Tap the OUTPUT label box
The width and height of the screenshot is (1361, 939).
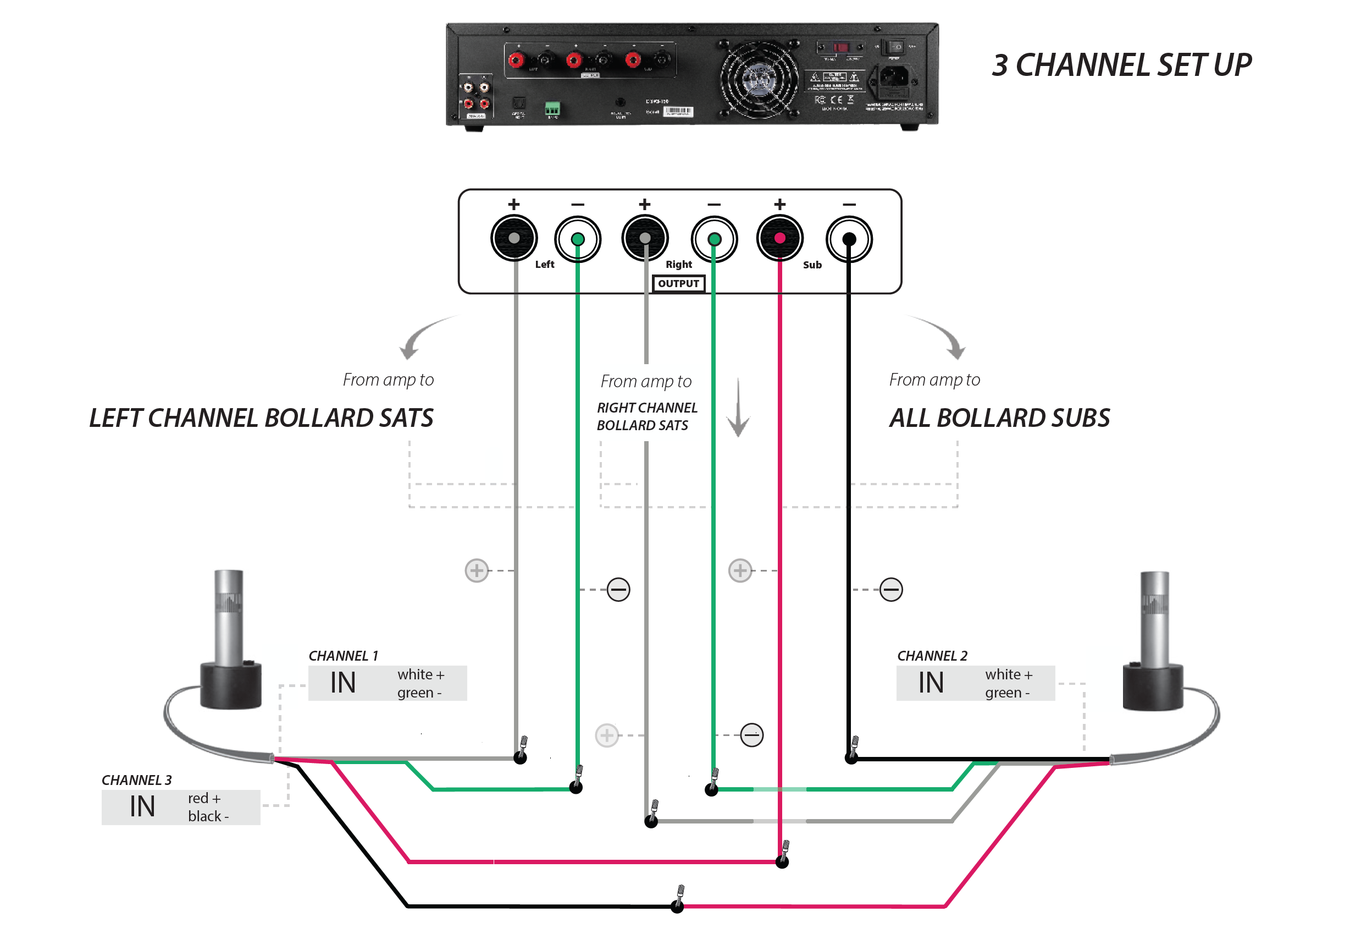coord(678,284)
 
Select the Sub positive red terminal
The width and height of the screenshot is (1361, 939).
coord(779,238)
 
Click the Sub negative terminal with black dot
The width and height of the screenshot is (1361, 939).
coord(848,239)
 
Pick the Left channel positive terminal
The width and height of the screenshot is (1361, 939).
coord(514,238)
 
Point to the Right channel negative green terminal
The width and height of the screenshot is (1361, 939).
coord(713,239)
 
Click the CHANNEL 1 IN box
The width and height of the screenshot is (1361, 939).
coord(387,683)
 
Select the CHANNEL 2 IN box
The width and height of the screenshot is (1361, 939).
coord(975,683)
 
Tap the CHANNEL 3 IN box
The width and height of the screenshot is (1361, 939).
coord(180,807)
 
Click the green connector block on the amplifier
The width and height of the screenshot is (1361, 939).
coord(551,108)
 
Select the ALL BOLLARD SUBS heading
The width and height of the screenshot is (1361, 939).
coord(999,418)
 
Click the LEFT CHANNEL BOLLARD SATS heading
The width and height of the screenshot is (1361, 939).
coord(261,418)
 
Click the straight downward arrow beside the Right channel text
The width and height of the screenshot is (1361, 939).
coord(738,409)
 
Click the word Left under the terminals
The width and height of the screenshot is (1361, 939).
coord(544,265)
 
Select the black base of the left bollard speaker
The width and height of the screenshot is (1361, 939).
coord(230,685)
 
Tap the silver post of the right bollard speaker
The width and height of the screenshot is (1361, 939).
coord(1154,618)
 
